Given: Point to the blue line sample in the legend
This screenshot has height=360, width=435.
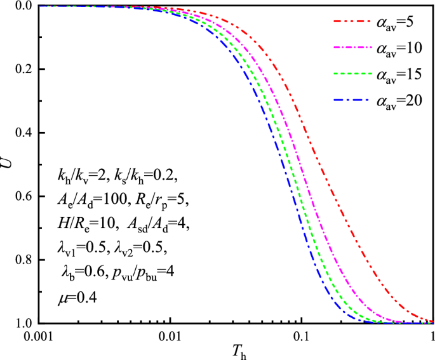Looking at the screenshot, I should tap(351, 100).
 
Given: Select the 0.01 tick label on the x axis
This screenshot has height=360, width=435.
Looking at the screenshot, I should tap(170, 336).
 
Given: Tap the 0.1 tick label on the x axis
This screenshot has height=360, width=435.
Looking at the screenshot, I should tap(301, 336).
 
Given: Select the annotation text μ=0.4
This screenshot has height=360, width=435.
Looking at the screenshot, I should tap(74, 296).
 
